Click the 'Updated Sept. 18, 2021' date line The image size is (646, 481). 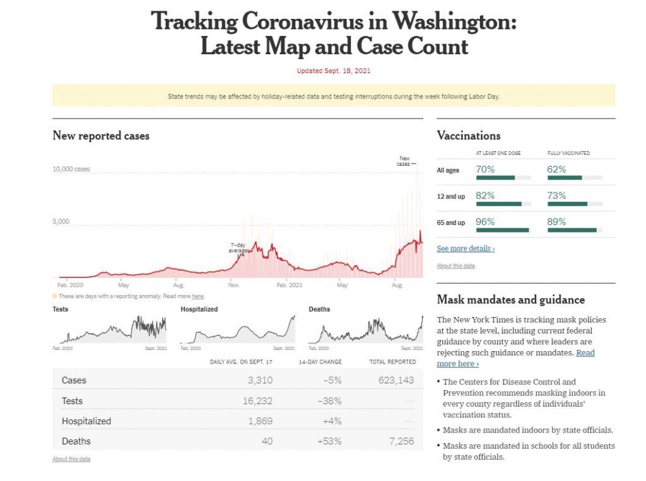334,71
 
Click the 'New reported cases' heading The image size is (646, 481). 101,136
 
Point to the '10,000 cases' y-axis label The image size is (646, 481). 71,169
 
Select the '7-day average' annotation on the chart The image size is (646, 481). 238,247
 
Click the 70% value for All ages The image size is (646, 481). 485,170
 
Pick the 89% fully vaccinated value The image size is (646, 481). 556,222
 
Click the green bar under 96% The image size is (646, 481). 502,230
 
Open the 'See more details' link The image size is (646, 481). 466,249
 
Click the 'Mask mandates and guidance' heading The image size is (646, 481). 510,300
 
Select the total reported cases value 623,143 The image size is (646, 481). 395,380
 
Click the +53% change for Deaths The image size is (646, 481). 329,441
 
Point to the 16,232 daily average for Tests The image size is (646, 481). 256,401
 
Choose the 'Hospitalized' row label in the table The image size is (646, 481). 86,421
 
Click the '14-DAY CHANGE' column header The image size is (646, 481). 320,362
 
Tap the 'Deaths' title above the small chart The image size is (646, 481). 319,310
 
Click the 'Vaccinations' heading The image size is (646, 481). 468,136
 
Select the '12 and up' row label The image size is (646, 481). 450,197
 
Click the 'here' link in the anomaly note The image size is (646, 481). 197,296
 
